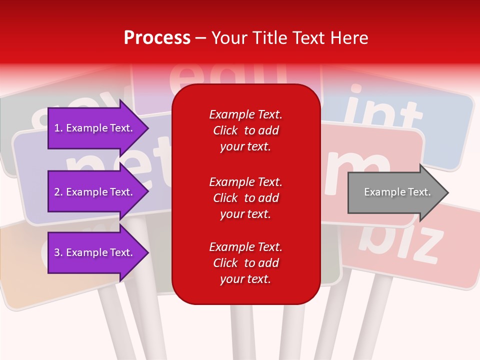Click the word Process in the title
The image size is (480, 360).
[157, 38]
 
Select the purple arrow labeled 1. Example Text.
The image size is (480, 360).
[95, 128]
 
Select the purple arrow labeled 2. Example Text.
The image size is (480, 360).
[95, 192]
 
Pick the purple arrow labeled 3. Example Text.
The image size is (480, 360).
[95, 252]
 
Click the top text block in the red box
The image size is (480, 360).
[245, 130]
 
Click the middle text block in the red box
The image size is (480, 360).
[245, 198]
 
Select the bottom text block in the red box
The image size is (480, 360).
[245, 263]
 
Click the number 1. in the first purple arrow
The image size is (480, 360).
[58, 128]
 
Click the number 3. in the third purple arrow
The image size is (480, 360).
[58, 252]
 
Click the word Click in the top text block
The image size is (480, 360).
[225, 130]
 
